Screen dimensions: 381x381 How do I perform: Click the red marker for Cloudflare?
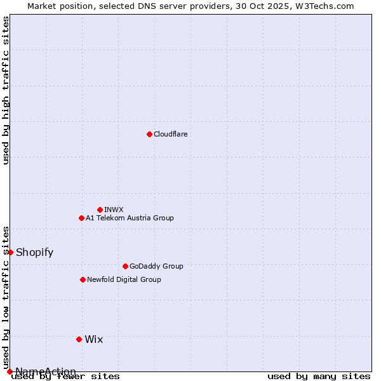coord(149,134)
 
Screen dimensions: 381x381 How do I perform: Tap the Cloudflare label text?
coord(171,134)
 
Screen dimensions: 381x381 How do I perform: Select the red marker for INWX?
coord(100,210)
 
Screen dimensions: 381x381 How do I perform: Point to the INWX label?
coord(114,210)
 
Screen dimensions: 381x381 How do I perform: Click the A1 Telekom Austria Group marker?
coord(81,218)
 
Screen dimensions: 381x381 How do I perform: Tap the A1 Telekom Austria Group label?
coord(130,218)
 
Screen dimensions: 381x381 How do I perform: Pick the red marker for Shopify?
coord(10,252)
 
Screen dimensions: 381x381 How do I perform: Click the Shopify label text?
coord(34,252)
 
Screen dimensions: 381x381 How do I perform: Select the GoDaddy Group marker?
coord(125,266)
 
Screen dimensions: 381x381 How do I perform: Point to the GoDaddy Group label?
coord(156,266)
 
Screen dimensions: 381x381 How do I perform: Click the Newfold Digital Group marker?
coord(83,279)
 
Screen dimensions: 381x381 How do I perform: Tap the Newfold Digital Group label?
coord(124,279)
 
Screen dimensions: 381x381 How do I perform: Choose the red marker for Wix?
coord(79,339)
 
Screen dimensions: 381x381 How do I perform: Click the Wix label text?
coord(94,339)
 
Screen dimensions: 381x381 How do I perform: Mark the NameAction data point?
coord(10,371)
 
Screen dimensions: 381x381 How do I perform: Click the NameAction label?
coord(46,371)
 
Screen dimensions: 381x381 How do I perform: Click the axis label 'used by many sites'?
coord(319,377)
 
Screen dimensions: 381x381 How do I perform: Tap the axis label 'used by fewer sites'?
coord(65,377)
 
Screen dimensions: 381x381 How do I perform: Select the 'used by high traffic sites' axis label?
coord(6,90)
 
